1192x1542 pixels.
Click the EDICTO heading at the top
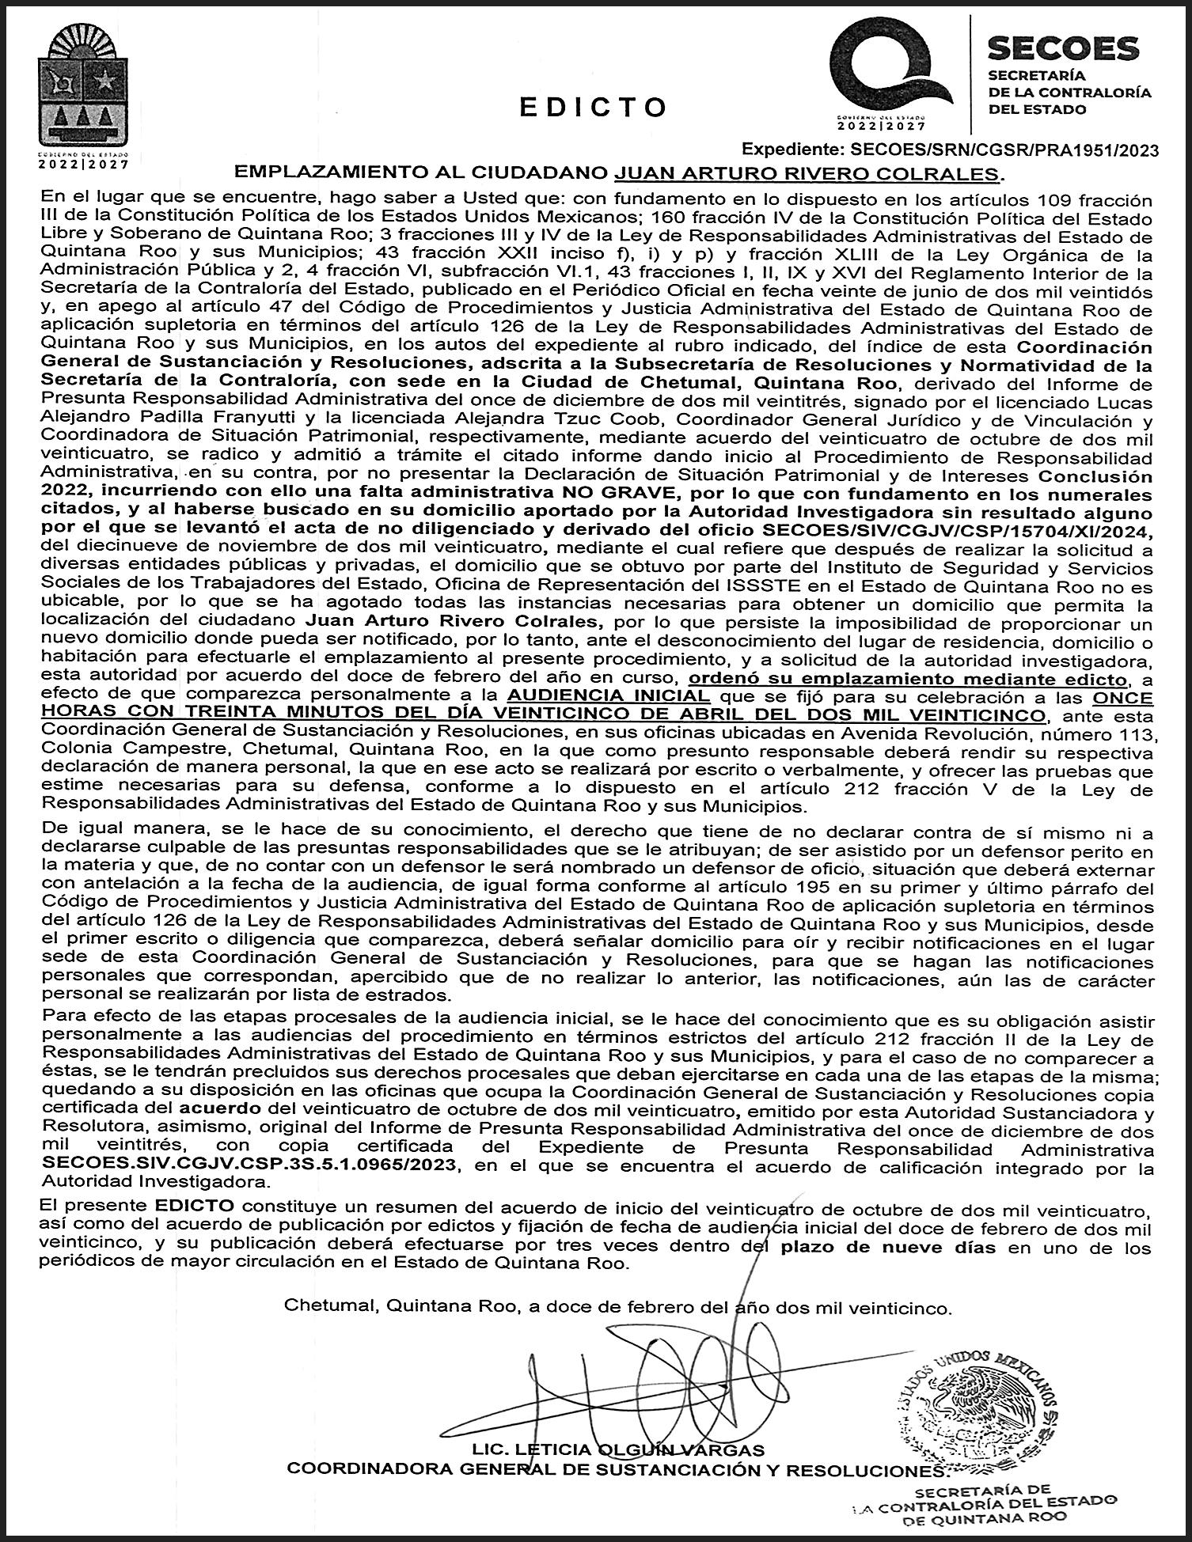point(594,108)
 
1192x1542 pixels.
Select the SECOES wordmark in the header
point(1063,49)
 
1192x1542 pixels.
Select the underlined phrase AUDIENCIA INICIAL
point(608,696)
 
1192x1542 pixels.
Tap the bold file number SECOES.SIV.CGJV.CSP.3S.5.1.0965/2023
point(250,1165)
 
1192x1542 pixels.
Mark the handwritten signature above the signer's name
point(649,1369)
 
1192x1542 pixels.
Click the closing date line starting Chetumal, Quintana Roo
point(617,1307)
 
